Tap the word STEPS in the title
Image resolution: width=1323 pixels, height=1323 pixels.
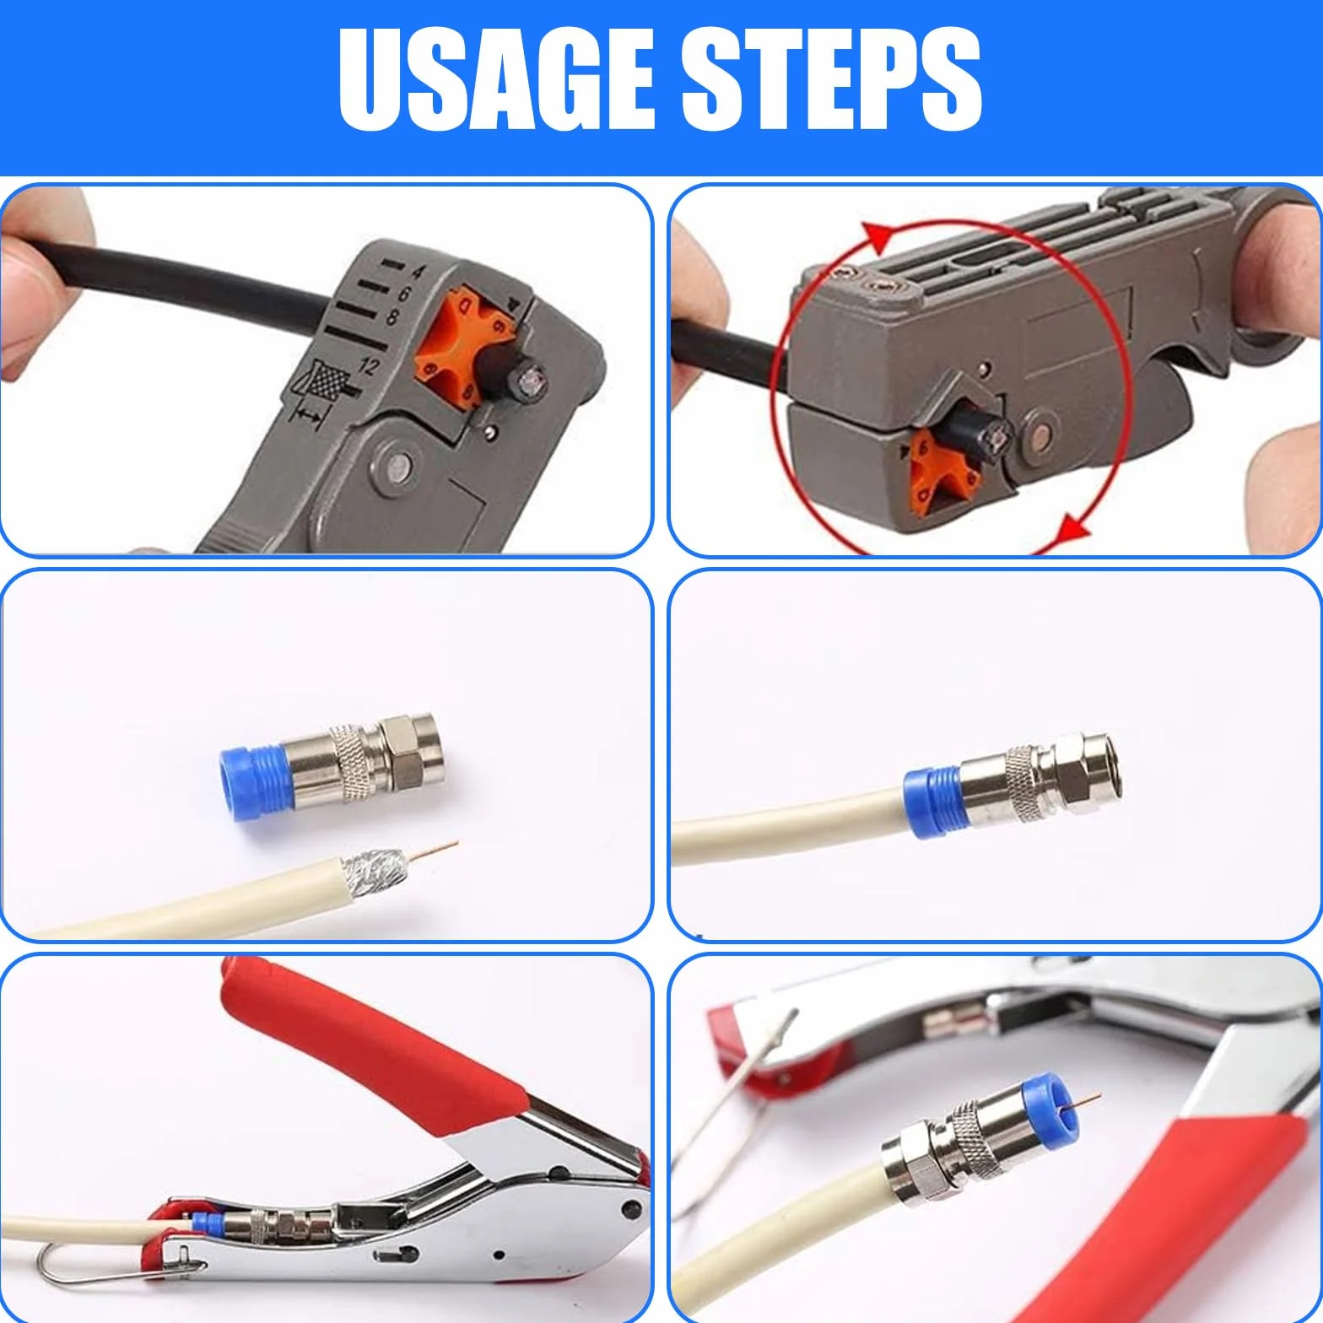click(831, 79)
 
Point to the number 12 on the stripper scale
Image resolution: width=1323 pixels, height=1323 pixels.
click(368, 366)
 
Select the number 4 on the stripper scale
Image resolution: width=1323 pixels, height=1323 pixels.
click(417, 272)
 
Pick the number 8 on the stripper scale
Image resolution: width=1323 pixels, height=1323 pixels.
click(391, 316)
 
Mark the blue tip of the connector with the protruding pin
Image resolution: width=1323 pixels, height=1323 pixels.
click(1052, 1100)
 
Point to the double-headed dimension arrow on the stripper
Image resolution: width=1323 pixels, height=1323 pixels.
click(310, 415)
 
